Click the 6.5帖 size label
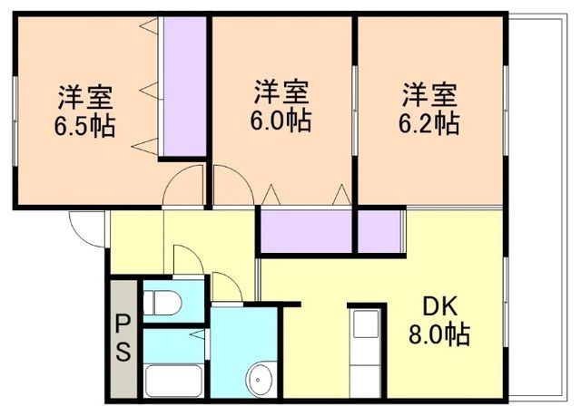click(86, 125)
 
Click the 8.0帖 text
click(438, 336)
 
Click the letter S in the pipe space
click(123, 352)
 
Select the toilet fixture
click(163, 301)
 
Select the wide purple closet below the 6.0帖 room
click(307, 230)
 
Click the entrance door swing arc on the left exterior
click(87, 227)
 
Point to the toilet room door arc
click(187, 259)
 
